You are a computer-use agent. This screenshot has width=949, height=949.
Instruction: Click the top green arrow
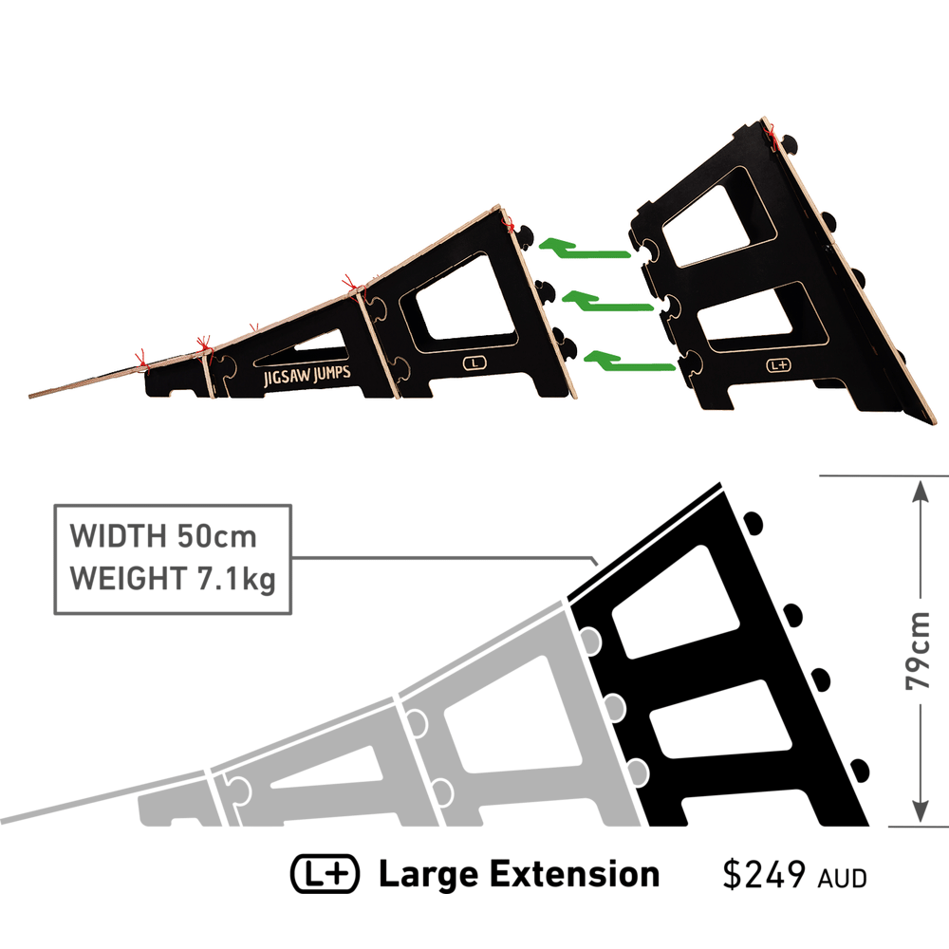[584, 250]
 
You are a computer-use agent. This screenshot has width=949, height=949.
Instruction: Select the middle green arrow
[608, 302]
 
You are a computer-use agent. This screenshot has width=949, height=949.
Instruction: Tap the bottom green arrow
[629, 361]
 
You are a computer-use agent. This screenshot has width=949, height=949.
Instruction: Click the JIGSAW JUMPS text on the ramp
[307, 375]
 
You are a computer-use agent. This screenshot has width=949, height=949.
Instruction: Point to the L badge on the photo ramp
[474, 363]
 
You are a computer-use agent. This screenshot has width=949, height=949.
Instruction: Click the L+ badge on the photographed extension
[778, 365]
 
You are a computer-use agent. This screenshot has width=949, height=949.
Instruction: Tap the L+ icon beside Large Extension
[325, 874]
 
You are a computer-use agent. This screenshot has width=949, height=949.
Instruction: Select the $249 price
[764, 875]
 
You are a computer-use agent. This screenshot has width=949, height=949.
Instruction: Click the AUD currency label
[843, 878]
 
